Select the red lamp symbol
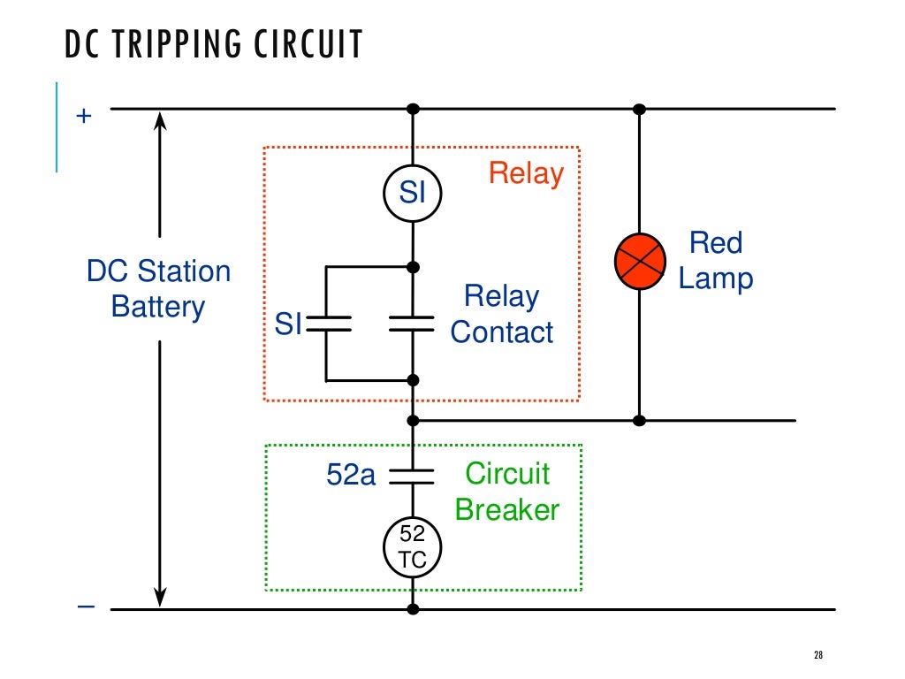639,261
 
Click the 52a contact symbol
413,477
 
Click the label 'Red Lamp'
716,261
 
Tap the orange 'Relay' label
526,173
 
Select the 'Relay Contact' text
502,314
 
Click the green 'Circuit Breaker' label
507,492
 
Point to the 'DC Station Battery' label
158,289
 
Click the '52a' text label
351,476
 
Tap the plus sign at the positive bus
84,116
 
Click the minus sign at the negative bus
85,607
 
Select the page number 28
818,655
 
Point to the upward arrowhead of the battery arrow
160,120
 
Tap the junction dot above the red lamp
639,109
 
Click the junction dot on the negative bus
413,608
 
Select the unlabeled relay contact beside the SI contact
413,324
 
